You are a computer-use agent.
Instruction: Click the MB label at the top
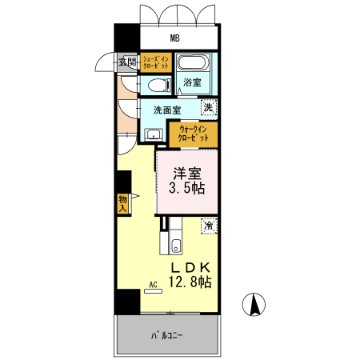[174, 38]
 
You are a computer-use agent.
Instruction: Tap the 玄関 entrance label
[127, 62]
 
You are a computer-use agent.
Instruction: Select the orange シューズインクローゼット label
[155, 63]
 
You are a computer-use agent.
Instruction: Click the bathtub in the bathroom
[192, 64]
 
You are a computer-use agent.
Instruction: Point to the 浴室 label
[192, 83]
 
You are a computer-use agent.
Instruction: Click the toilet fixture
[155, 85]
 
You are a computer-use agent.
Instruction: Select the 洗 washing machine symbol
[207, 107]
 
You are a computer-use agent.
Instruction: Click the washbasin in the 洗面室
[153, 134]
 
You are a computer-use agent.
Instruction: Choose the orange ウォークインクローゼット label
[194, 133]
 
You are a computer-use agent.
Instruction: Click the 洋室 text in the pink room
[186, 172]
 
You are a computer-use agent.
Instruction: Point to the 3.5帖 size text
[186, 189]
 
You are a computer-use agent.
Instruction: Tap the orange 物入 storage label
[122, 203]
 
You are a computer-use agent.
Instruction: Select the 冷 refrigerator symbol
[208, 226]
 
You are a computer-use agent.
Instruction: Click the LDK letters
[190, 266]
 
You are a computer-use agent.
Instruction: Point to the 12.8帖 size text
[190, 282]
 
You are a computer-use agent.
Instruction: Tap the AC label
[152, 284]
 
